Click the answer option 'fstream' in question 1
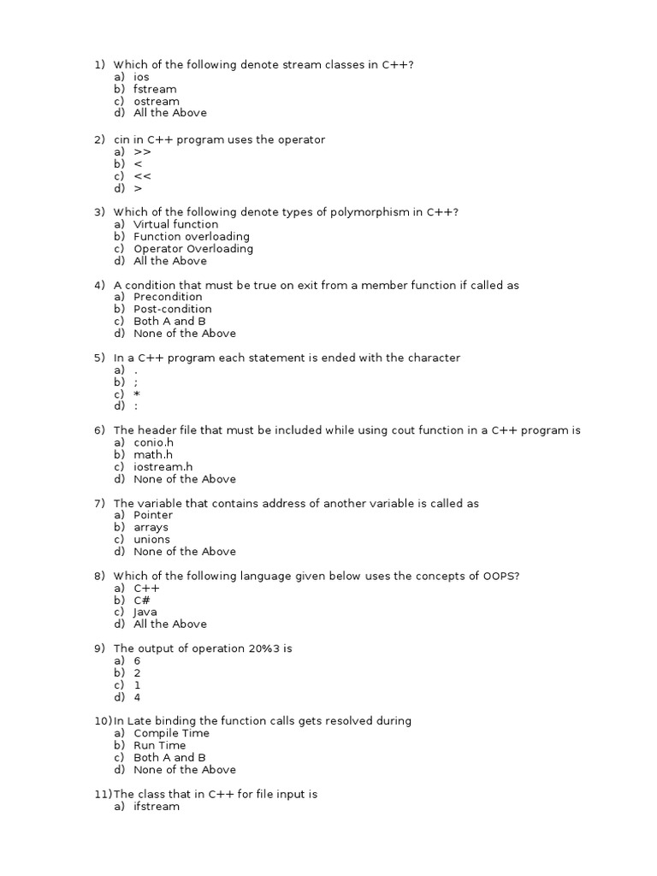click(155, 89)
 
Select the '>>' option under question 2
click(142, 151)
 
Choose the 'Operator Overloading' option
click(193, 249)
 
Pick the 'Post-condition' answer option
click(173, 309)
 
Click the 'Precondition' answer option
click(168, 297)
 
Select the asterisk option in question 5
click(137, 394)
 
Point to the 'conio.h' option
click(153, 442)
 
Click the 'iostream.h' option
click(163, 467)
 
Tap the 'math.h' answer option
click(153, 454)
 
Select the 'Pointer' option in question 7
click(153, 515)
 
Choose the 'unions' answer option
click(151, 540)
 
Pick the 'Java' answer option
click(145, 612)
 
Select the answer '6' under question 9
click(137, 661)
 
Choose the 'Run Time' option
click(160, 745)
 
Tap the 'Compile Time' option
click(171, 733)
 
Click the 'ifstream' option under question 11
click(157, 806)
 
